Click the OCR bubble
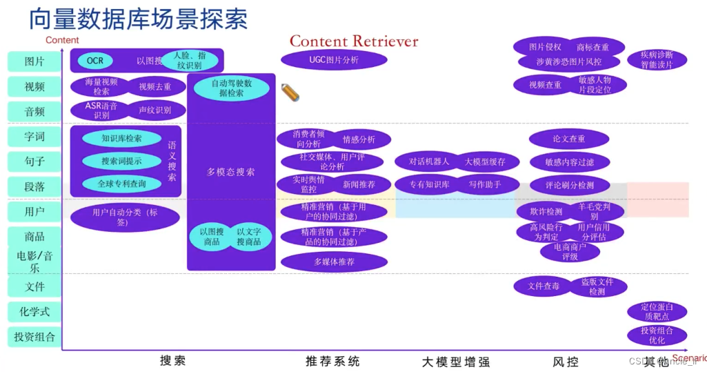click(x=95, y=61)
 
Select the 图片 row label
click(x=34, y=61)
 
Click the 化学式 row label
click(x=34, y=311)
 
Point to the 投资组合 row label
click(x=34, y=337)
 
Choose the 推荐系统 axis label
click(x=332, y=361)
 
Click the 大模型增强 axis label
click(x=455, y=361)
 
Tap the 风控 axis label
click(x=566, y=361)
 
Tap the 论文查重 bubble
click(x=569, y=139)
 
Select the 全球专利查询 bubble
click(x=121, y=184)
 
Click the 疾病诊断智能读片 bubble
click(x=656, y=60)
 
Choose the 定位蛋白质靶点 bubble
click(x=656, y=311)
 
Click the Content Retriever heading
click(x=354, y=41)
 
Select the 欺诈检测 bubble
click(x=546, y=212)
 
